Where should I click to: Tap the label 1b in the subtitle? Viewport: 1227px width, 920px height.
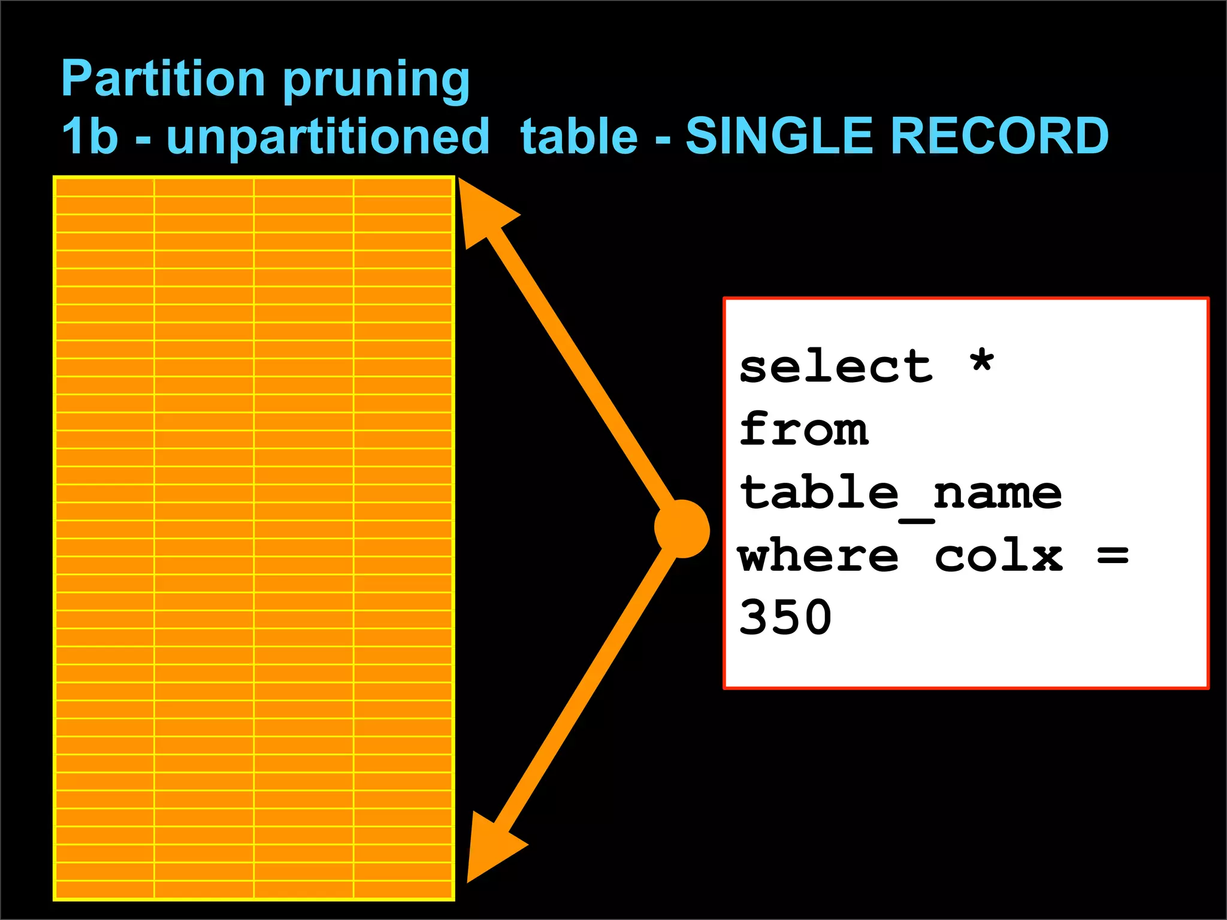point(90,136)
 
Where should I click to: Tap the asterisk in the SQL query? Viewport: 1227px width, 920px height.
point(982,363)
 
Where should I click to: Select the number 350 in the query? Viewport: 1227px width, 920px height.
point(785,618)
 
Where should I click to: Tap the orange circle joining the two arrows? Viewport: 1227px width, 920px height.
point(682,529)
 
